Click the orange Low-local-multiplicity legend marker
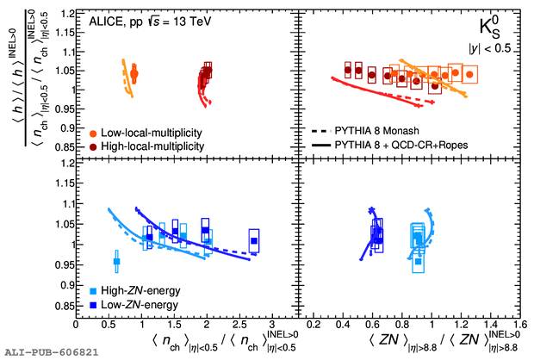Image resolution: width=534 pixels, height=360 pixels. click(91, 133)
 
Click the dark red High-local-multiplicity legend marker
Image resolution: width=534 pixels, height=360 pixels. click(91, 147)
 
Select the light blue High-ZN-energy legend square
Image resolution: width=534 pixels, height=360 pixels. click(91, 292)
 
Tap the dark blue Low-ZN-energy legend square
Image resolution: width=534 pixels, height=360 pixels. click(91, 305)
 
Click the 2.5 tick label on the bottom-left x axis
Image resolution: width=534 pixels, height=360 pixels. click(239, 326)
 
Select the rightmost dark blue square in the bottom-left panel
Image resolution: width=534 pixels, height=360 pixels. click(254, 240)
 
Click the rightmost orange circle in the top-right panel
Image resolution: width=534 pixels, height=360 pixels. click(469, 75)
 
